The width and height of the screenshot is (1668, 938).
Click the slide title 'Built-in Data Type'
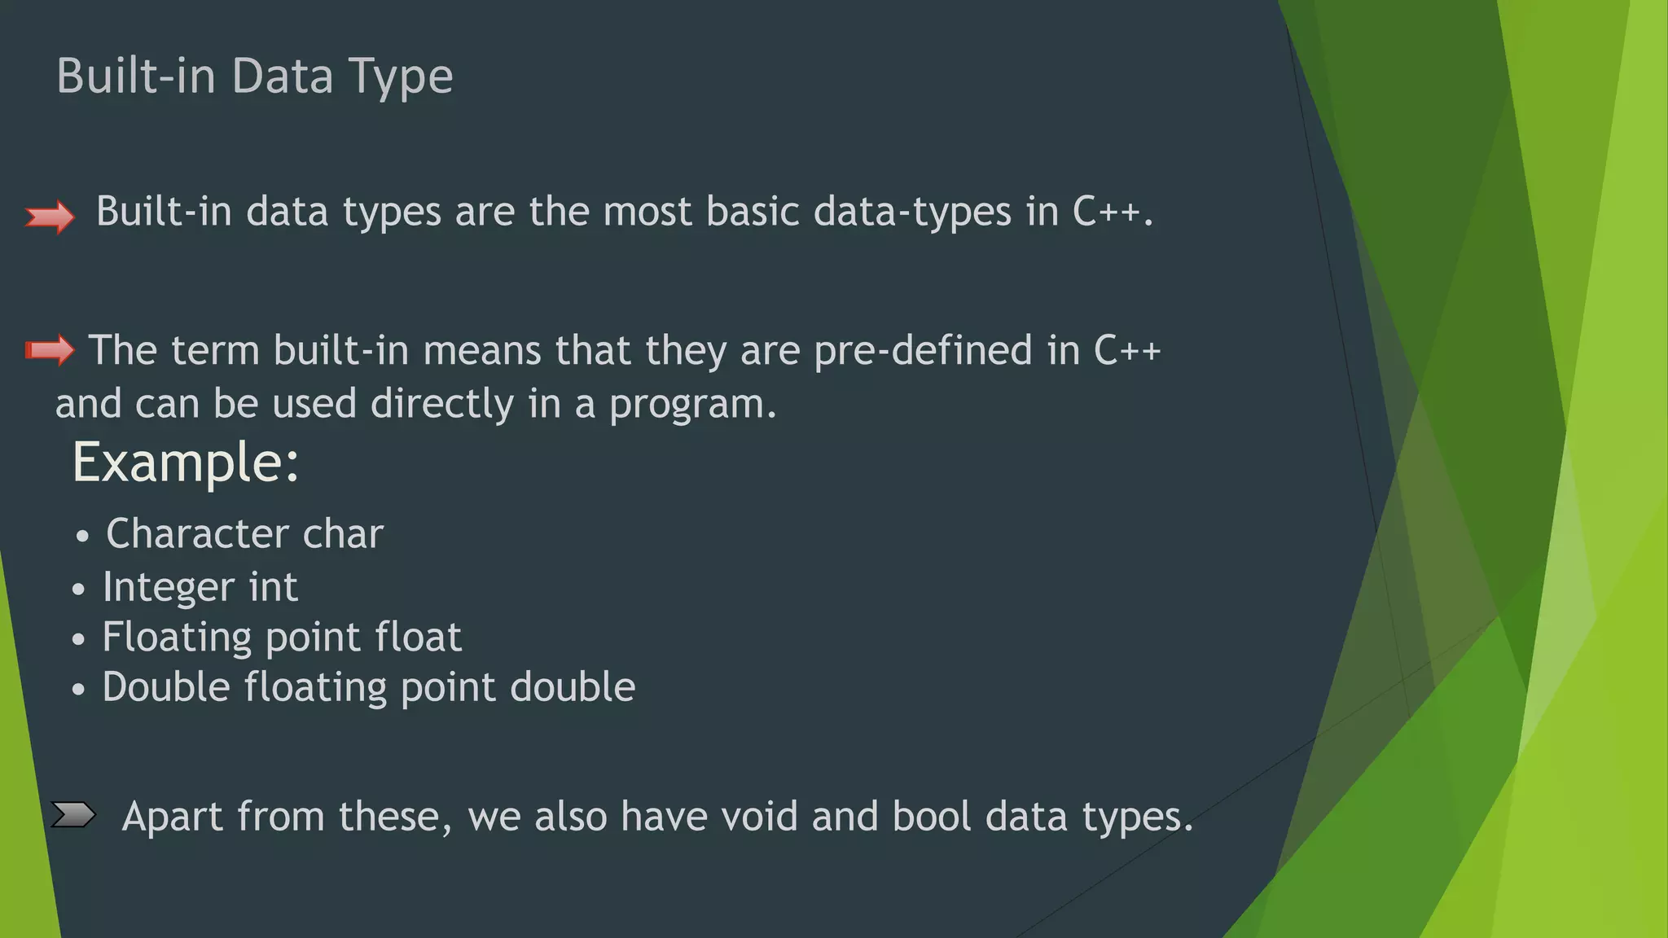[x=254, y=77]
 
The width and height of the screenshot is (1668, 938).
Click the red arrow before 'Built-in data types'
[x=50, y=217]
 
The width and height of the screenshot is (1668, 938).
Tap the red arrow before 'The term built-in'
[x=50, y=350]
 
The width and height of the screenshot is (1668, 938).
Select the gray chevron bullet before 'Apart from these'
[x=73, y=814]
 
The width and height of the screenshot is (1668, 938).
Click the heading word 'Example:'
[x=186, y=462]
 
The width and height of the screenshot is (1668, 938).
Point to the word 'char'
[x=342, y=534]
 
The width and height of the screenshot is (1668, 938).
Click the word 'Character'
[x=198, y=534]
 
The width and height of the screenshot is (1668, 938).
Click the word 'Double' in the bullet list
[x=166, y=687]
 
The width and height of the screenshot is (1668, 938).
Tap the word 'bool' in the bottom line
[x=932, y=816]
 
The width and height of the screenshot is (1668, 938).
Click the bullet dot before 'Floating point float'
[x=78, y=640]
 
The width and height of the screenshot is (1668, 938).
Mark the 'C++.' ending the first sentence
[x=1113, y=212]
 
